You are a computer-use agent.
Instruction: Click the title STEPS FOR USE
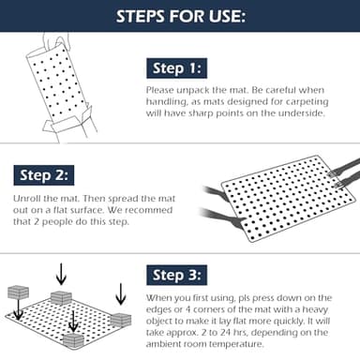(180, 16)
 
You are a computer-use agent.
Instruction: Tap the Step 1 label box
(177, 68)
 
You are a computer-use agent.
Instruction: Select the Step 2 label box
(44, 175)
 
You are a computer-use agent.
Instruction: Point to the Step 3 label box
(177, 275)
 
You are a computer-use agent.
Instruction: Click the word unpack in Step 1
(193, 90)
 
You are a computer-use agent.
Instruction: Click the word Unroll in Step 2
(26, 199)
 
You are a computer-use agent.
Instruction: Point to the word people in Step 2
(59, 222)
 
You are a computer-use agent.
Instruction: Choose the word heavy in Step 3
(315, 309)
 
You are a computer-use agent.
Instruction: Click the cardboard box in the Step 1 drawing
(68, 124)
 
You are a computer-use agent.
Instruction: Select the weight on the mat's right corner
(121, 320)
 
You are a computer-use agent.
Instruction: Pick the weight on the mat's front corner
(74, 340)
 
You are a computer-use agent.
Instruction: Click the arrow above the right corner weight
(120, 294)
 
